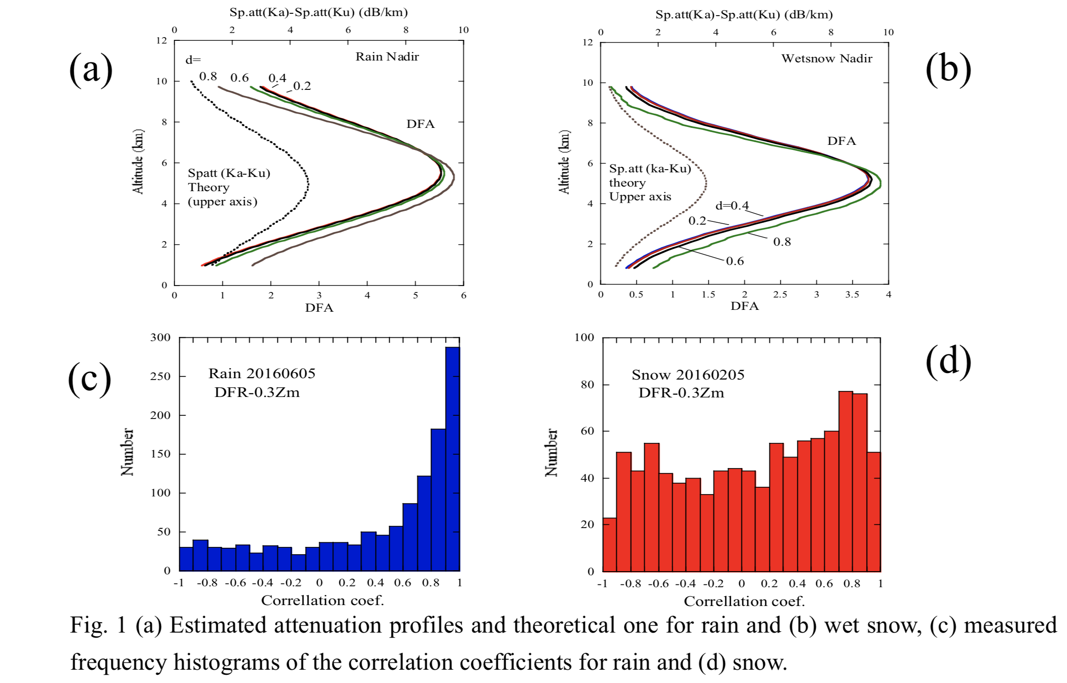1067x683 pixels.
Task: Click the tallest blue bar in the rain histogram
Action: point(453,458)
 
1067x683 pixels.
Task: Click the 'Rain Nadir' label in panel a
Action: point(387,57)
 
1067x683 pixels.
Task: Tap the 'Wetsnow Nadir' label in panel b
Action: point(826,59)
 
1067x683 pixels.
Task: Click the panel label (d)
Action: point(948,361)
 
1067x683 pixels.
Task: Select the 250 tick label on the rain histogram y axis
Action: point(160,376)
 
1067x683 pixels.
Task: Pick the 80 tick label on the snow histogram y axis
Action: point(587,385)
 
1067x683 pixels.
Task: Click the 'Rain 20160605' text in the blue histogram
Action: point(262,374)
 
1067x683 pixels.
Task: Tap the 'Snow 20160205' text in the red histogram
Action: point(688,375)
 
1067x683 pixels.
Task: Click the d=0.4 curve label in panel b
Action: point(732,206)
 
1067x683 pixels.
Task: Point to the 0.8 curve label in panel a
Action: point(208,77)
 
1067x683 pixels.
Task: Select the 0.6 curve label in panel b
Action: point(735,261)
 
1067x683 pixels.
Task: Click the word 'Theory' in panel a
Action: point(209,187)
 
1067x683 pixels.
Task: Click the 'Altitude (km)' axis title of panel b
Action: point(564,162)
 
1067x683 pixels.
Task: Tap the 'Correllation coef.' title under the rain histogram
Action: point(322,600)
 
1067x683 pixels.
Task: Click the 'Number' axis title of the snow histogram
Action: point(551,453)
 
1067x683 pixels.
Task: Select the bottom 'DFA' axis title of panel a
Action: point(319,308)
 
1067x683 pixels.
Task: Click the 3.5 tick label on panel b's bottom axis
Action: point(852,295)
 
